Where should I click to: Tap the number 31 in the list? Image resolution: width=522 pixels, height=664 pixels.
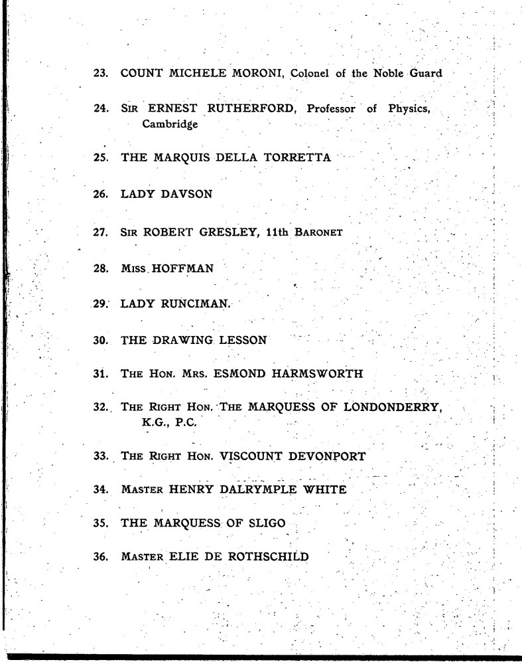click(100, 373)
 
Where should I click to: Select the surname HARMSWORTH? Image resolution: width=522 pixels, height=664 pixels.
click(318, 373)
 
